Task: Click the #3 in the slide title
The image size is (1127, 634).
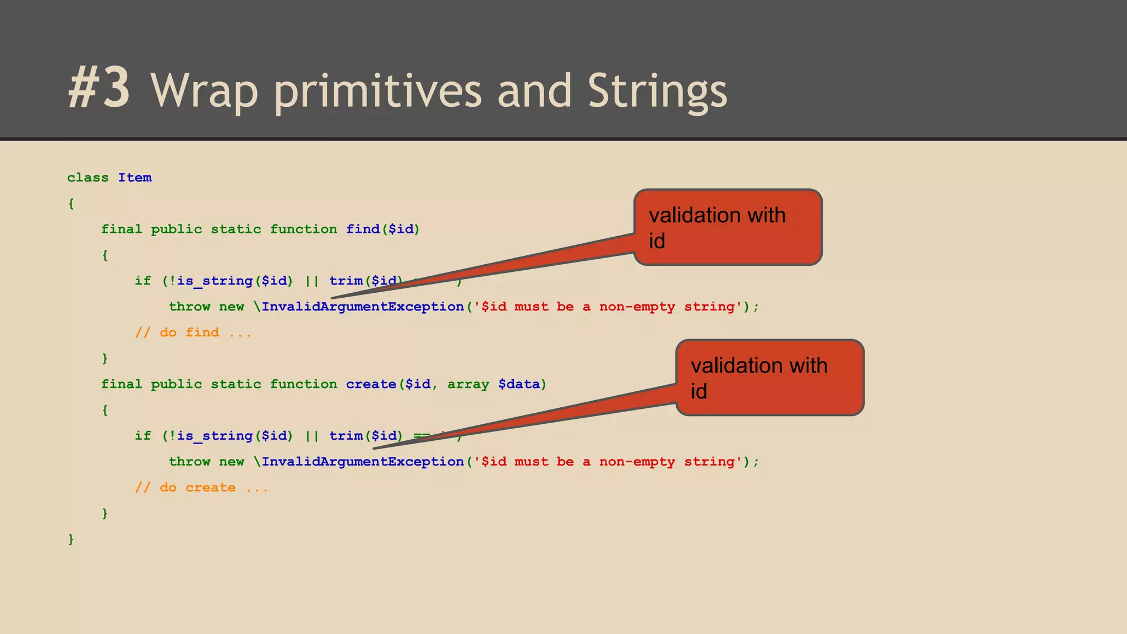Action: click(100, 88)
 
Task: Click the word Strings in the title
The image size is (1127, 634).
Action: click(657, 91)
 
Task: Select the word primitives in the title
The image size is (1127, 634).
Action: click(378, 91)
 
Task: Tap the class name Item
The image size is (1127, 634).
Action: click(134, 178)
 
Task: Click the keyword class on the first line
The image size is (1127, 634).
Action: click(87, 178)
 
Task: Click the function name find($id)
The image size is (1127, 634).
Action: click(382, 229)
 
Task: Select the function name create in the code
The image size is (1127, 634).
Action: click(371, 384)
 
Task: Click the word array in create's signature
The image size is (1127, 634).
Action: click(468, 384)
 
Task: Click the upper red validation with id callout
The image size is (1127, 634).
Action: click(727, 227)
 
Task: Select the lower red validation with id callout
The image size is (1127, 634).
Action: click(769, 378)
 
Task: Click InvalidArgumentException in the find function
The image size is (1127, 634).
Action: click(362, 307)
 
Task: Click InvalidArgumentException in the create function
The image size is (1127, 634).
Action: click(362, 462)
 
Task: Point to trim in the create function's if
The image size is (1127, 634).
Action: click(346, 436)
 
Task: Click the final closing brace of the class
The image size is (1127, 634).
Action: click(71, 539)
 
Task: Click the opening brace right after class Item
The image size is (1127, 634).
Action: click(71, 204)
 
